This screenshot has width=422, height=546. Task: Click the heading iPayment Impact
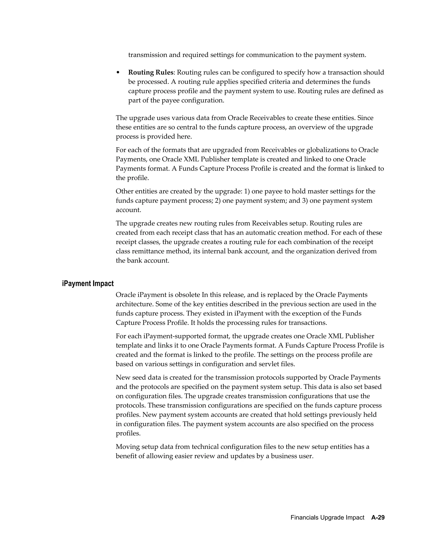88,284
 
